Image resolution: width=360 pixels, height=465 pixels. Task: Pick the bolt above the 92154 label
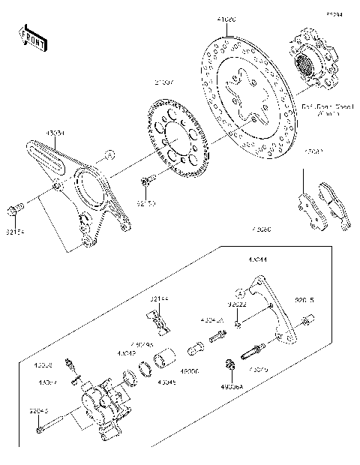[16, 208]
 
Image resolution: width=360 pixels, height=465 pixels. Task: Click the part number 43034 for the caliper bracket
[55, 133]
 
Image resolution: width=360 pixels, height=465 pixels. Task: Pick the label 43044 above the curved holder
[259, 260]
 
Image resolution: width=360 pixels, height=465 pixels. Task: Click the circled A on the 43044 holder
[270, 304]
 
